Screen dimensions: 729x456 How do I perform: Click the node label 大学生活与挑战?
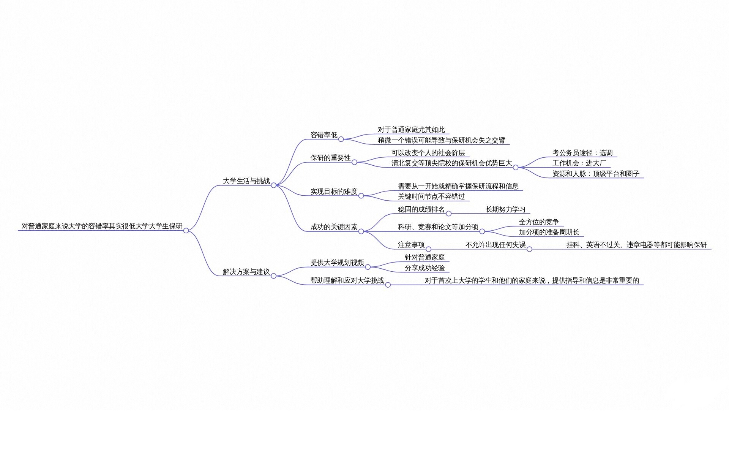[246, 181]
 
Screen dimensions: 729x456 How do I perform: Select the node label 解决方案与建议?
[246, 272]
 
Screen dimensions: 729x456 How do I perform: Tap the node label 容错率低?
[324, 135]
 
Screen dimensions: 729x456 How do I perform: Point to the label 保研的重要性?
[330, 158]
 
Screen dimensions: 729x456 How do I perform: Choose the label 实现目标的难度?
[334, 192]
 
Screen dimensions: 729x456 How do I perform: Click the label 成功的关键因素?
[334, 227]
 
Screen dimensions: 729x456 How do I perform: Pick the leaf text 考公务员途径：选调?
[582, 153]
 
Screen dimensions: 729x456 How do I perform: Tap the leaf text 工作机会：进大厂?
[579, 163]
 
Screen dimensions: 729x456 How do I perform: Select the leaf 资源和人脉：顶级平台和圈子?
[596, 174]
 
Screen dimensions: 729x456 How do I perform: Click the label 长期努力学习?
[505, 209]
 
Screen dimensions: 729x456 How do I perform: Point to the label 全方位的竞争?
[539, 222]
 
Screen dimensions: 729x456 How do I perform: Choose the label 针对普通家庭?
[424, 257]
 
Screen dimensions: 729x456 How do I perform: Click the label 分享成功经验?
[424, 268]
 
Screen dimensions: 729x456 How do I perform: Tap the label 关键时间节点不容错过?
[431, 196]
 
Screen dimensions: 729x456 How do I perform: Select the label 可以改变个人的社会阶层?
[428, 153]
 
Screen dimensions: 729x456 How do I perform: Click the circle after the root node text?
[186, 231]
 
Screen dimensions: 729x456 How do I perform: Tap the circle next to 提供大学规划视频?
[368, 267]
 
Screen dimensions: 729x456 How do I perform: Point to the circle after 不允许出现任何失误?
[529, 249]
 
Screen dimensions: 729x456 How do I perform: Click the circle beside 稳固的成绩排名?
[448, 214]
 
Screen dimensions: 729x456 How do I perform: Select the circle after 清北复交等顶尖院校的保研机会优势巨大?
[516, 167]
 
